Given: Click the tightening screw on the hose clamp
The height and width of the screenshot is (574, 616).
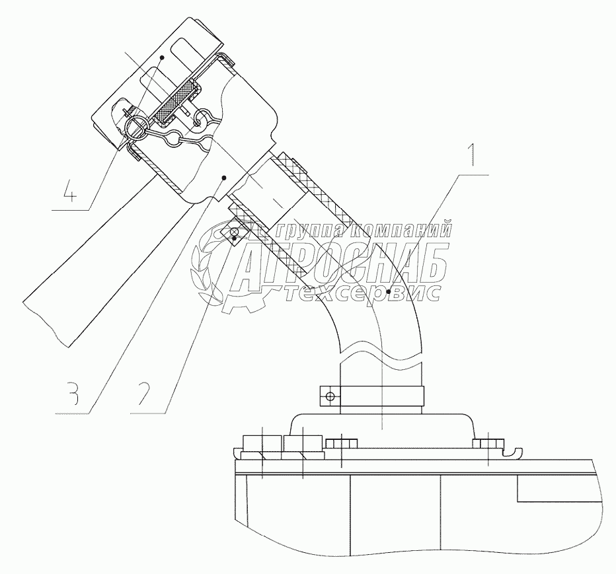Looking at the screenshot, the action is [x=329, y=396].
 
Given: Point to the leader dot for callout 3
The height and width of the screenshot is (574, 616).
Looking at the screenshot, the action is [x=225, y=177].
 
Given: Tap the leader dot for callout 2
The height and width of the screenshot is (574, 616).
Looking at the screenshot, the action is [x=235, y=238].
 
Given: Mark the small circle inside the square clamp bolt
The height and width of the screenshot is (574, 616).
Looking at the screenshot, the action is [x=234, y=231].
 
